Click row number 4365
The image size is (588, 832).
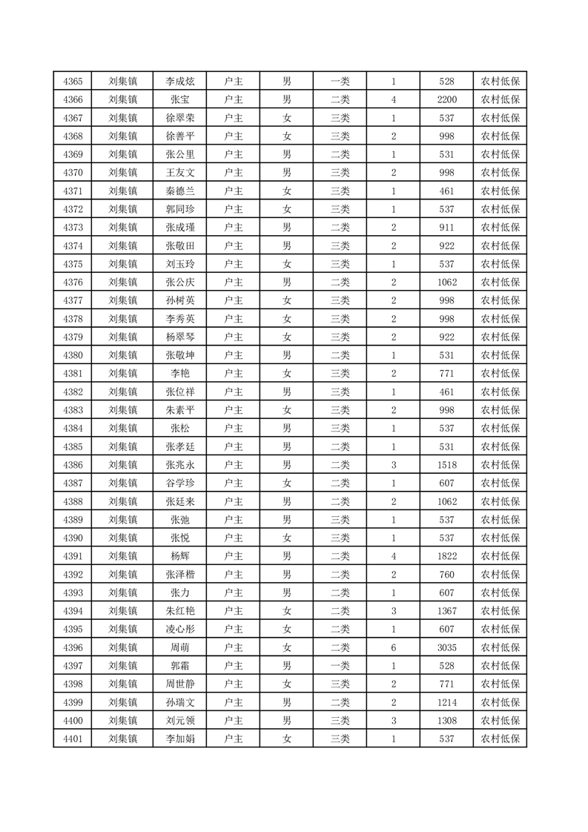(x=73, y=82)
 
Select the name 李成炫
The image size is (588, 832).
(x=179, y=82)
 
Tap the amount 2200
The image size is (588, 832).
(x=446, y=100)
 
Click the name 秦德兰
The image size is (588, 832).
(x=179, y=191)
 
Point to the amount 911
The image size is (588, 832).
(x=446, y=228)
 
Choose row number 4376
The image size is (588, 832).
(x=73, y=283)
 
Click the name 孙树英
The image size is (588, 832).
(x=179, y=300)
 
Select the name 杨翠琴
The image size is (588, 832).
(x=179, y=337)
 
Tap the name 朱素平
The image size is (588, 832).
(x=179, y=410)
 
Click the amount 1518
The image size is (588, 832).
(x=446, y=465)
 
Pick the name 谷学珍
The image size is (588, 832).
(x=179, y=483)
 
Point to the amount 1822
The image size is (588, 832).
(x=446, y=556)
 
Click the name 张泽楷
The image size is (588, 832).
(x=179, y=575)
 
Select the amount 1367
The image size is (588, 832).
(x=446, y=611)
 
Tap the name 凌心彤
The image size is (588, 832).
(x=179, y=630)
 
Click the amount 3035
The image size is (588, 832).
(x=446, y=647)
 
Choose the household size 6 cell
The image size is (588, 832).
(x=393, y=647)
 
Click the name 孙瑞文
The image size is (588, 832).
(x=179, y=702)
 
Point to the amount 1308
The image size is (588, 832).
(x=446, y=721)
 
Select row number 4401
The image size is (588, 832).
(x=73, y=739)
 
